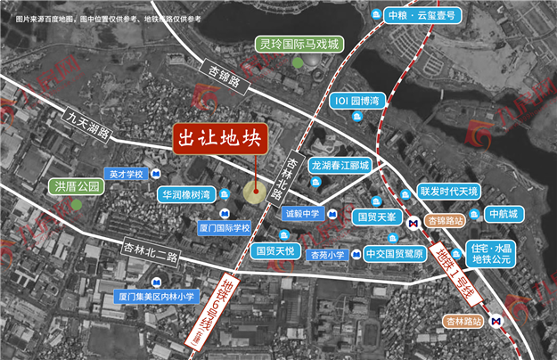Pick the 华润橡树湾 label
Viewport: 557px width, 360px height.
(186, 193)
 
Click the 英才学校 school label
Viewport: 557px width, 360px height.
(125, 174)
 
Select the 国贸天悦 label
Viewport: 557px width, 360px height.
(277, 251)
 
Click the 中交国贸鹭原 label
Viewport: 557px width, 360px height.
(397, 254)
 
